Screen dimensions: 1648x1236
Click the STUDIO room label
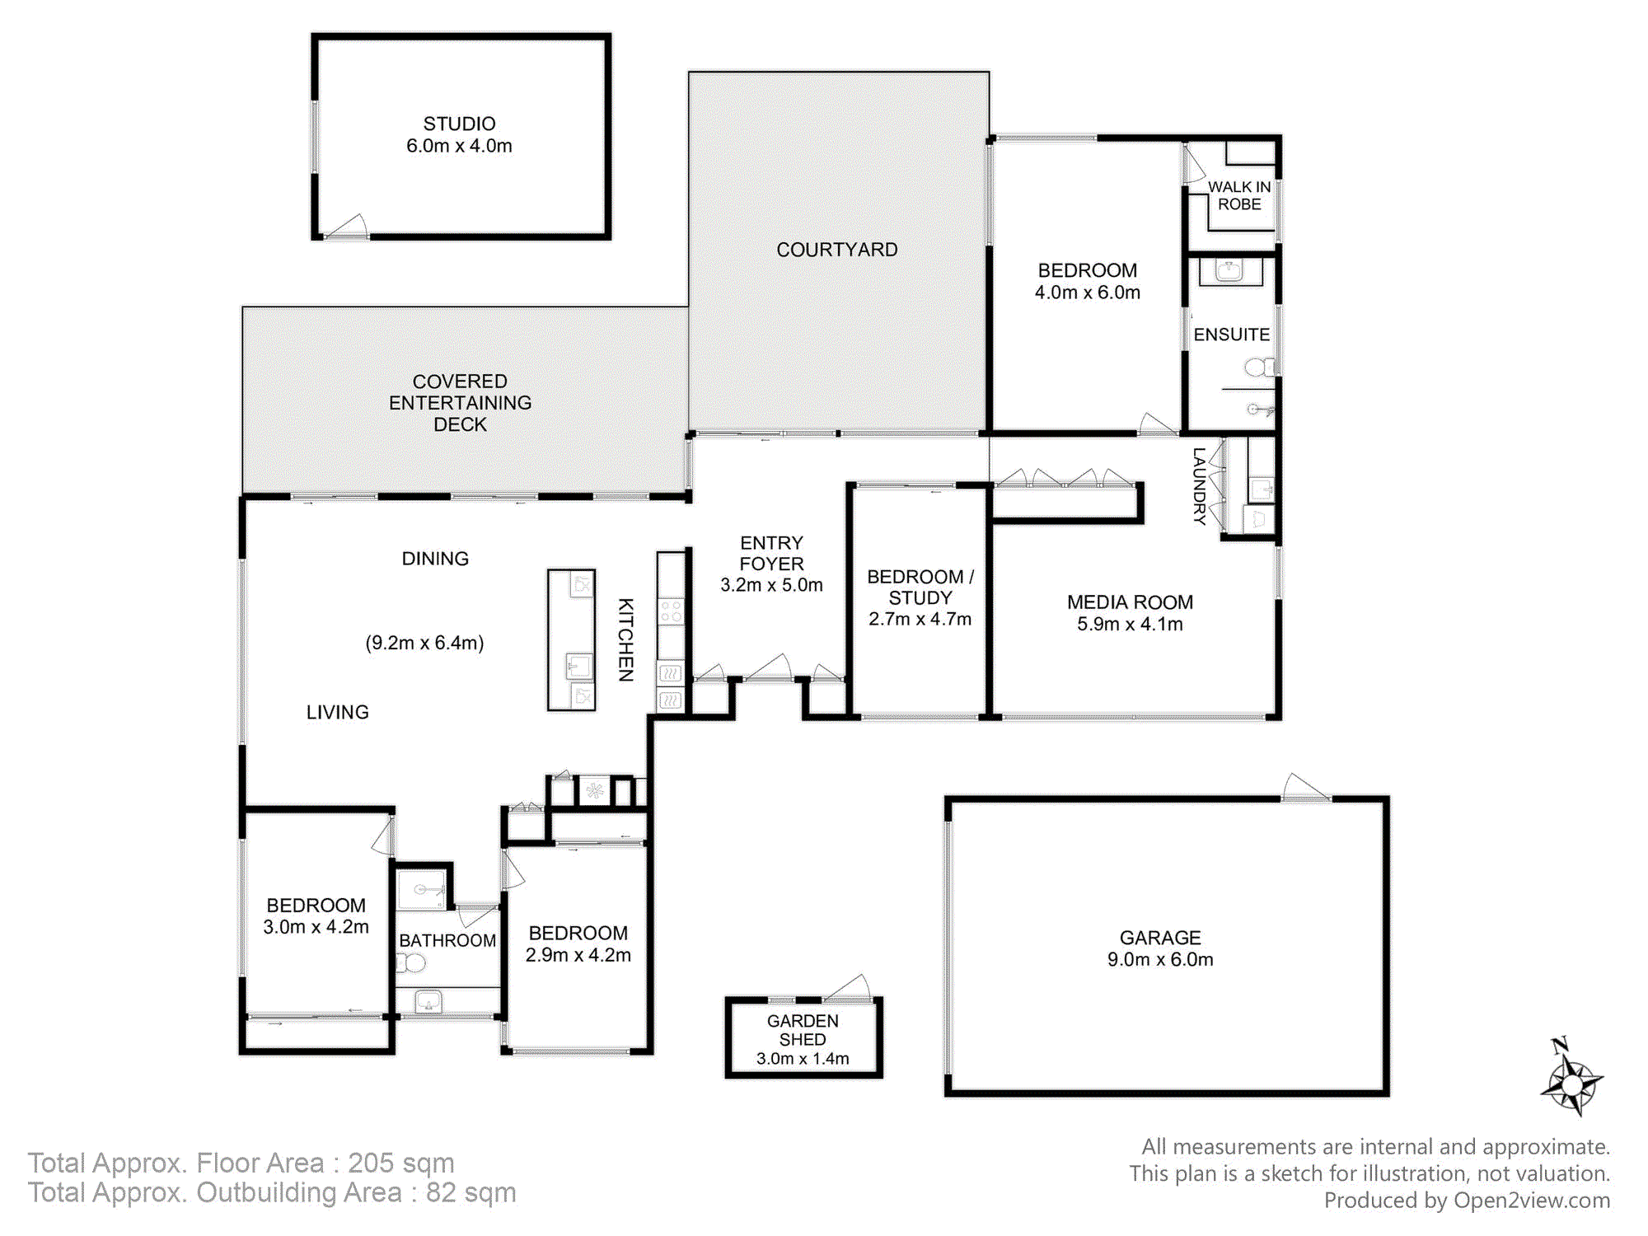click(459, 124)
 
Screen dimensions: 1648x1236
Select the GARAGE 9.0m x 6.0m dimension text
click(1160, 959)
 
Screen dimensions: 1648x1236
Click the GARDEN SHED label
click(803, 1030)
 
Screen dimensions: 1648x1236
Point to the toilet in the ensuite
click(1258, 367)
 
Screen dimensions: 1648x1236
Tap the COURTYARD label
click(837, 250)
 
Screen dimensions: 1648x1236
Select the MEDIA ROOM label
click(1130, 602)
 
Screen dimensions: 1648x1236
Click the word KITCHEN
click(626, 639)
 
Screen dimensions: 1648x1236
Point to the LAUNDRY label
click(1200, 486)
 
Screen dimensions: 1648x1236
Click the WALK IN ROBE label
click(1239, 195)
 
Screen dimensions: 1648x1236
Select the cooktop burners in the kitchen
click(671, 611)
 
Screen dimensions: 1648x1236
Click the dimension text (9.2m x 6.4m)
click(424, 643)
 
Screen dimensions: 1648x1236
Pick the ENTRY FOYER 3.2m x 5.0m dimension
click(771, 585)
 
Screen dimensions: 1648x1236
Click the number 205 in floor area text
click(371, 1163)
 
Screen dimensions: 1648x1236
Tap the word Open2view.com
click(1531, 1201)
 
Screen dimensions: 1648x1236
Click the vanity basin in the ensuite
click(1229, 270)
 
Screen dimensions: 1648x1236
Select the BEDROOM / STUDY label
click(920, 588)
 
